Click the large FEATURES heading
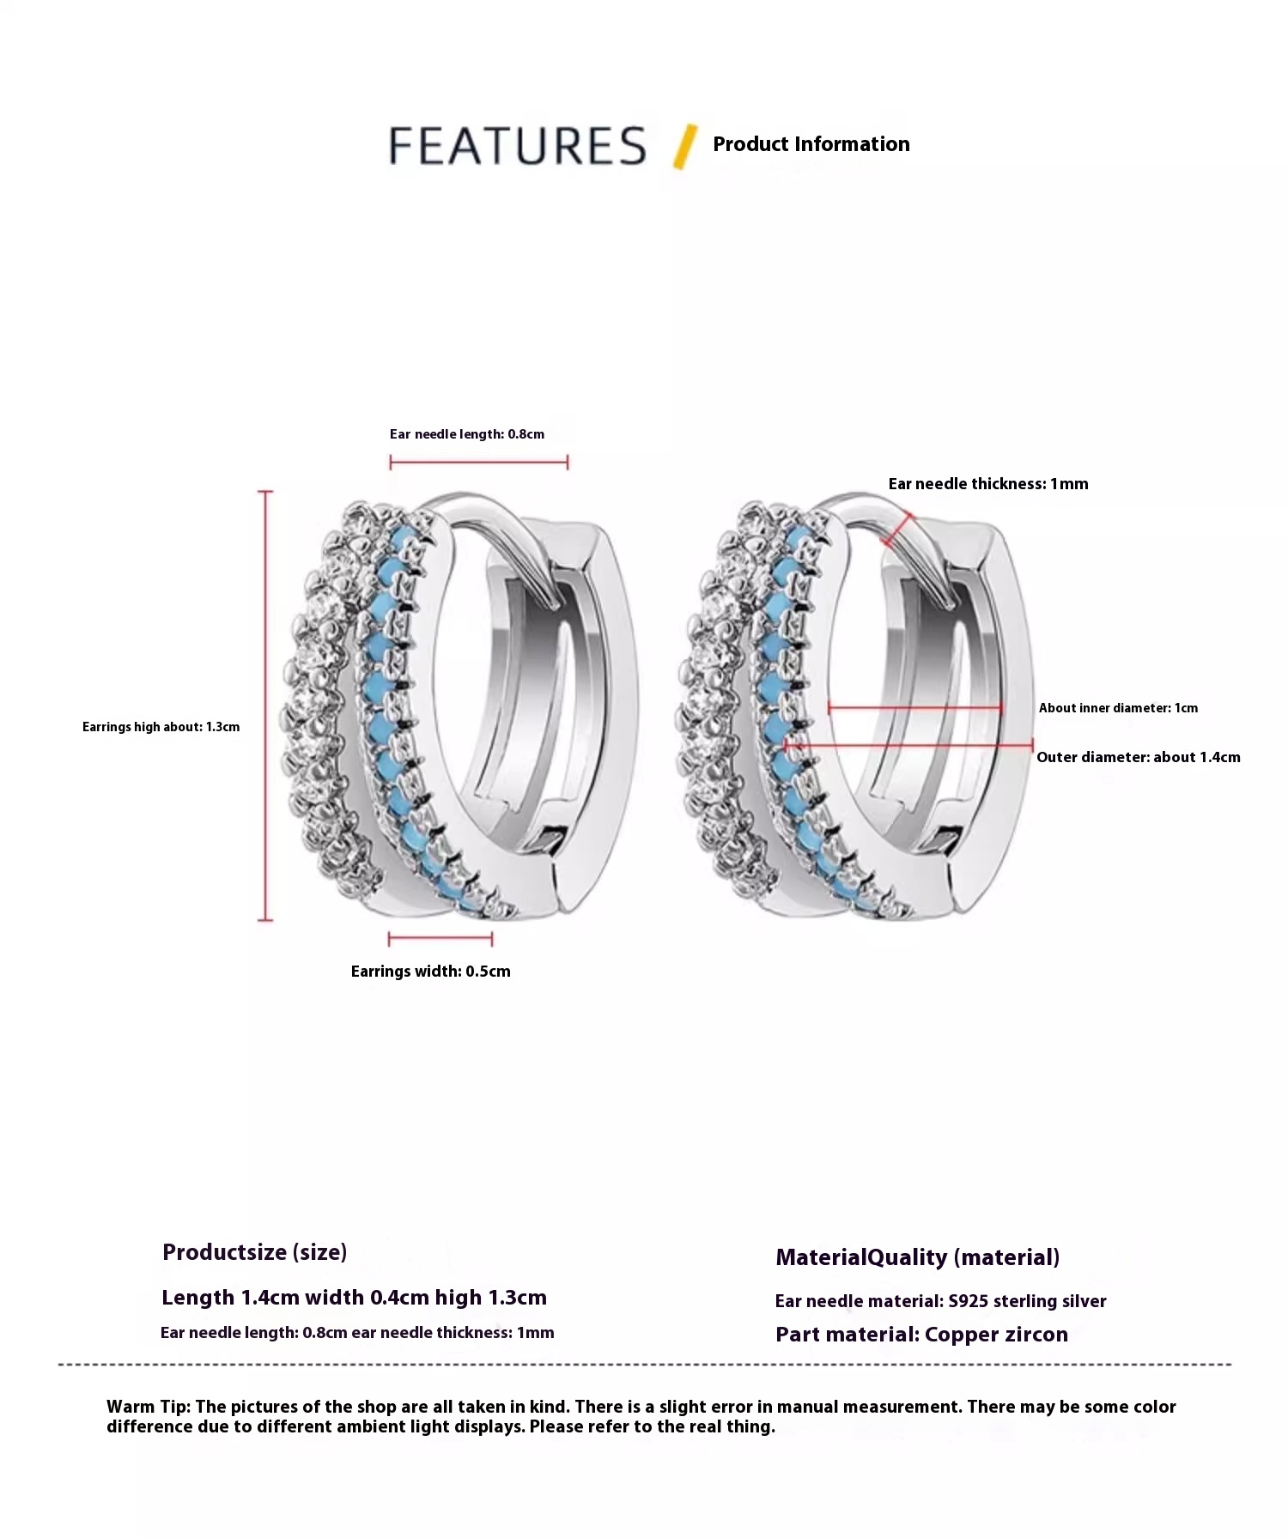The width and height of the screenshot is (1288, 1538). tap(518, 146)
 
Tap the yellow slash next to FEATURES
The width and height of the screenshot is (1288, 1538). tap(685, 147)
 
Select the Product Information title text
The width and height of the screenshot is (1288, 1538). tap(811, 144)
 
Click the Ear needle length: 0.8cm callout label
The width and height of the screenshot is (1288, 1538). tap(467, 434)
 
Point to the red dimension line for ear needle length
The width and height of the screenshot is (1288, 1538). tap(479, 463)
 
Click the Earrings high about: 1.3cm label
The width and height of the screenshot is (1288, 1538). tap(161, 727)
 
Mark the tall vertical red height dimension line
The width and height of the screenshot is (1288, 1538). tap(266, 705)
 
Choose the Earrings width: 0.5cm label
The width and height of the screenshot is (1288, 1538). tap(431, 972)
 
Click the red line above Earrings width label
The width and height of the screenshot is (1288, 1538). tap(440, 939)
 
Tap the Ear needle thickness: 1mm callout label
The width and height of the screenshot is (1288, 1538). tap(988, 484)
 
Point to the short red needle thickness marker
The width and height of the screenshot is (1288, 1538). tap(897, 530)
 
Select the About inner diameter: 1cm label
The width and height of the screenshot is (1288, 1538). tap(1118, 708)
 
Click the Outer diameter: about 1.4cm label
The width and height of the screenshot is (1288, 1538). tap(1139, 757)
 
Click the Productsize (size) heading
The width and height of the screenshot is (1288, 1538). tap(255, 1252)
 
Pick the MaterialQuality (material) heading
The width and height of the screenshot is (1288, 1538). tap(918, 1257)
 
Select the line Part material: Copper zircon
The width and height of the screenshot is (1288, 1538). tap(922, 1335)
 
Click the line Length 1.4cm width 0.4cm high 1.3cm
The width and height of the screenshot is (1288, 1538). tap(355, 1298)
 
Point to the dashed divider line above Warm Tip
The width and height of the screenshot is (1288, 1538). tap(645, 1364)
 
